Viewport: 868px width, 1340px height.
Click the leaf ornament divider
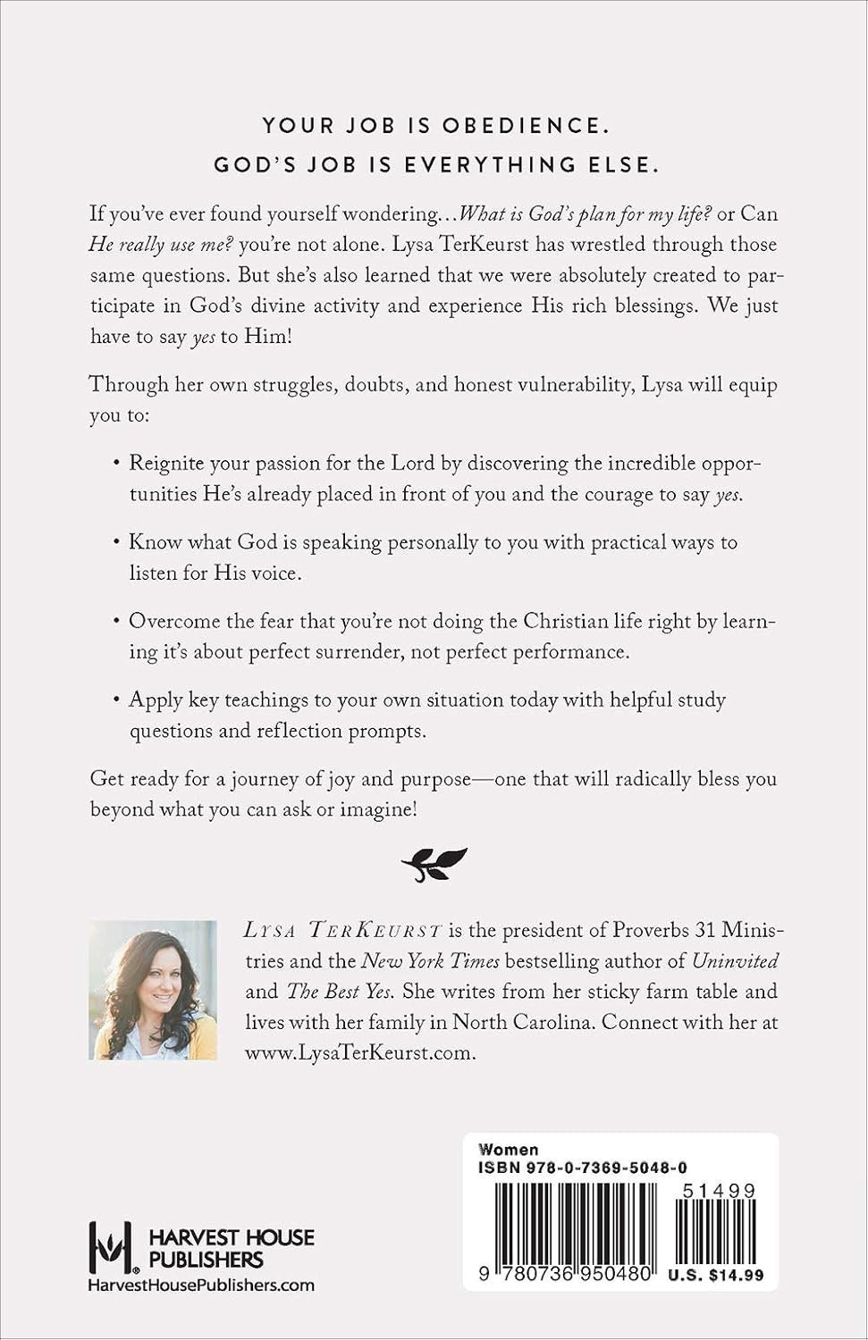pos(434,864)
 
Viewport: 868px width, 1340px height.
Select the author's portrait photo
pos(153,990)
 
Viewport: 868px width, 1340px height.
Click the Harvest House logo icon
pos(111,1247)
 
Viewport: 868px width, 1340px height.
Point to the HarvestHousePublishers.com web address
pos(201,1285)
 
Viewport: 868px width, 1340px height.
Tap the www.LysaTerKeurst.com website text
pos(359,1052)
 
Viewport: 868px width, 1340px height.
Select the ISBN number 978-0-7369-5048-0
pos(583,1168)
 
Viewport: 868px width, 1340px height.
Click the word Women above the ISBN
pos(509,1150)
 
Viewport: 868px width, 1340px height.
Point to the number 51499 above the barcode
pos(719,1191)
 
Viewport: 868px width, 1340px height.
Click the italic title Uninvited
pos(735,961)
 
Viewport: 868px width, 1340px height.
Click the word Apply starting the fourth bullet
pos(156,699)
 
